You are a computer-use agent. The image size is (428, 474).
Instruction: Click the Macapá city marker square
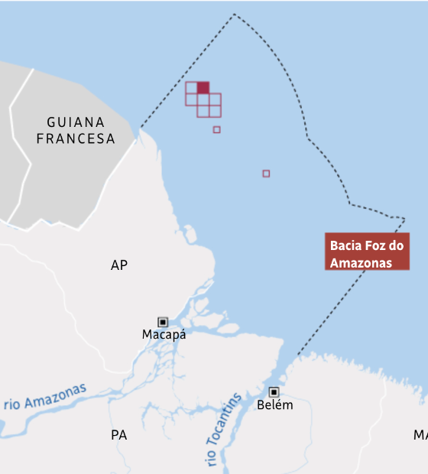click(163, 322)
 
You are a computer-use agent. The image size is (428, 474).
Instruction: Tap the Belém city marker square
click(274, 391)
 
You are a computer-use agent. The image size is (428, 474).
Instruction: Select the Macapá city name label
click(164, 335)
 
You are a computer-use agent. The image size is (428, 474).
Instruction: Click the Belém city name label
click(274, 404)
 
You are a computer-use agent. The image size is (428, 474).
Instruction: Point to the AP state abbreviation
click(119, 265)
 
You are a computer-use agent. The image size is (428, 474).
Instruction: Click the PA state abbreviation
click(118, 435)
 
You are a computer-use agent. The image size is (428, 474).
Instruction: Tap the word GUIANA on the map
click(76, 122)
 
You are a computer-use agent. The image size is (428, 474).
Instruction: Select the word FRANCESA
click(76, 139)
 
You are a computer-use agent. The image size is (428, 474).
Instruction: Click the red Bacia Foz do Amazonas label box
click(367, 252)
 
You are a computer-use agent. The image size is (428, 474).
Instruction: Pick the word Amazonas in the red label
click(361, 262)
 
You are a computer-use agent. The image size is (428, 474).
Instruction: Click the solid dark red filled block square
click(203, 88)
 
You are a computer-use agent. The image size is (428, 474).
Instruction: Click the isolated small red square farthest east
click(266, 174)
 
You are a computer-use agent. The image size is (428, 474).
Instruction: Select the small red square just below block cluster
click(216, 130)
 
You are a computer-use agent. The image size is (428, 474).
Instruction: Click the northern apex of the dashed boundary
click(235, 15)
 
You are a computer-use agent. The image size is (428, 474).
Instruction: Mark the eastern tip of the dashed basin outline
click(404, 219)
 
